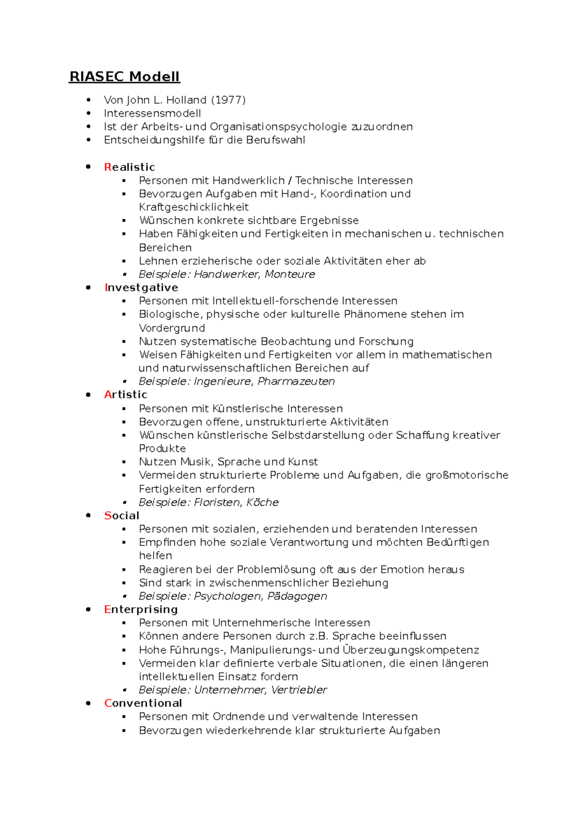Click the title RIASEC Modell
(124, 77)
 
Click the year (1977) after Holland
(228, 100)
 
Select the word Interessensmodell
(152, 113)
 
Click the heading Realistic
(130, 167)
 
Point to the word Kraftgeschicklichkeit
(194, 207)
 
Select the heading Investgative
(141, 288)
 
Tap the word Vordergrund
(172, 328)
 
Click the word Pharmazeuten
(296, 382)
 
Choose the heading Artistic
(126, 395)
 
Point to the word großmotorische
(467, 475)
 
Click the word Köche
(263, 502)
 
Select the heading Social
(121, 515)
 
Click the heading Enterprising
(141, 609)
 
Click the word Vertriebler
(299, 690)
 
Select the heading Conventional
(143, 703)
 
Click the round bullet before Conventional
(88, 703)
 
